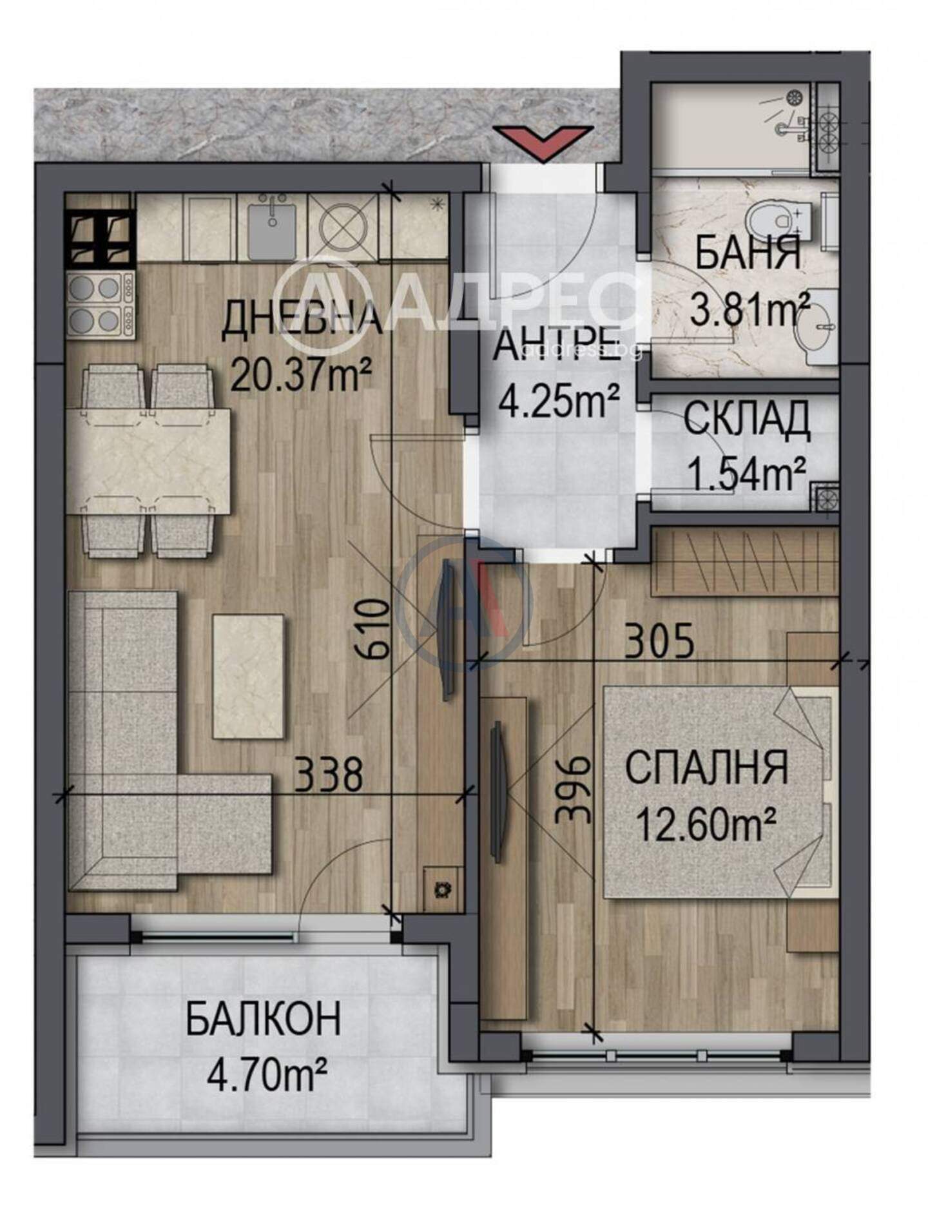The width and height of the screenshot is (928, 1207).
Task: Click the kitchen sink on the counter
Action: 272,227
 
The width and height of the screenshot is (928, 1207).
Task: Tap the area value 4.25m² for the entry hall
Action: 559,400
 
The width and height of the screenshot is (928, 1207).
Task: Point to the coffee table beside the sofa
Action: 249,677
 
